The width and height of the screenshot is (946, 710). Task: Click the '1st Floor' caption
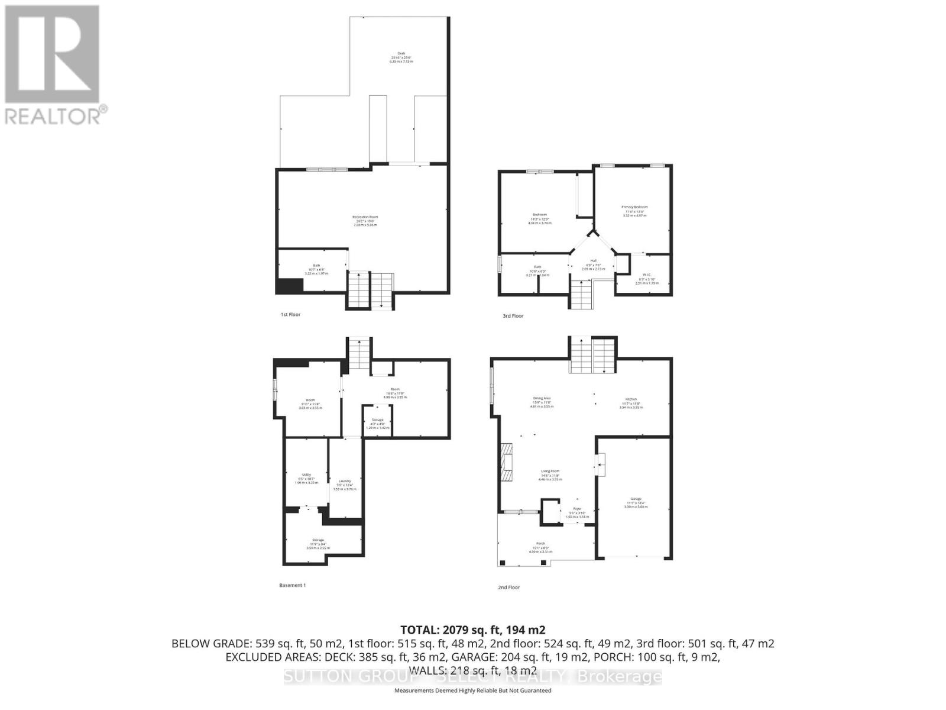[290, 315]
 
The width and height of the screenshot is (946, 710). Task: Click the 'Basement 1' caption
[292, 585]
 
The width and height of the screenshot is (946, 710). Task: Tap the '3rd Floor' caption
[513, 316]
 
